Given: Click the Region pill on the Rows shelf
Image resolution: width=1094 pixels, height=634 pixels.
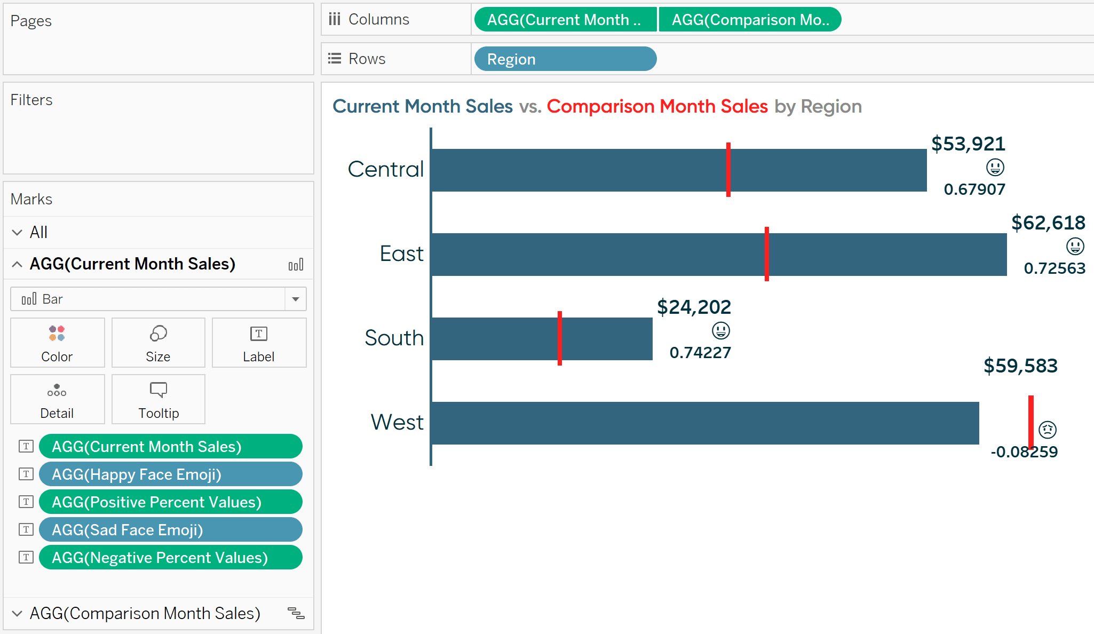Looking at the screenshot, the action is (x=565, y=59).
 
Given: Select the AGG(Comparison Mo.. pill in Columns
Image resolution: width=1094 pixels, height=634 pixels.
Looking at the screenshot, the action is (x=750, y=20).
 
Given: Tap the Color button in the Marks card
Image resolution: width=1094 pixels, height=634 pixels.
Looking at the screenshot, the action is (x=57, y=343).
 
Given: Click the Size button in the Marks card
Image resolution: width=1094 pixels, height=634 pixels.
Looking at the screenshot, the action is (x=158, y=343).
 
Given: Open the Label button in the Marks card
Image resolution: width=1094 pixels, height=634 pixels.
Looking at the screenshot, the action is (x=259, y=343).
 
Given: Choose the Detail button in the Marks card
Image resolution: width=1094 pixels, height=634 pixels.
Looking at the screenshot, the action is (x=57, y=399).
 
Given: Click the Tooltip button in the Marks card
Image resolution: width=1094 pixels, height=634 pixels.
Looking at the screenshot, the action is (x=158, y=399).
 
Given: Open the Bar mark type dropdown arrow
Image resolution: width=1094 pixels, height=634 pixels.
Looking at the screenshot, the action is (x=296, y=299).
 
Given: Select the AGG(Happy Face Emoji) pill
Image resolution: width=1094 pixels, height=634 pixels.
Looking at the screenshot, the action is (x=171, y=474).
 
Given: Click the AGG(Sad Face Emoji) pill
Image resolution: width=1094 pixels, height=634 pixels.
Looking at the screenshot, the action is (x=171, y=529).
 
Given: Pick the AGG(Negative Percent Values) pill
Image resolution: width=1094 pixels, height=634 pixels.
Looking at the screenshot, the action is (x=171, y=557).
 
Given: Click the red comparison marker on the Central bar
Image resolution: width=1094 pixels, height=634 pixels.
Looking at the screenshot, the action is (x=728, y=170).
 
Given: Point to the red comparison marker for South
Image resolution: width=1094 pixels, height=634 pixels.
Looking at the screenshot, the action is (x=560, y=338).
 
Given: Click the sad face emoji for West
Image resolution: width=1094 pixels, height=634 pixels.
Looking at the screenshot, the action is (x=1048, y=430).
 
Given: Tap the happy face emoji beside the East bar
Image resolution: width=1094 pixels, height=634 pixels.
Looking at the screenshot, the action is (x=1075, y=246).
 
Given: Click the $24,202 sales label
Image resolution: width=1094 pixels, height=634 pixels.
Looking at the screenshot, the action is (x=694, y=307).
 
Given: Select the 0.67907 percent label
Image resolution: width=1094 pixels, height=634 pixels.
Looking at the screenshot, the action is (x=974, y=189).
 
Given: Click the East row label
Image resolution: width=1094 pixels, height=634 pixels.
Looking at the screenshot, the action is (x=401, y=253).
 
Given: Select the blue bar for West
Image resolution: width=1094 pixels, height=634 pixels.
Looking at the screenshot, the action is (x=705, y=423).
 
